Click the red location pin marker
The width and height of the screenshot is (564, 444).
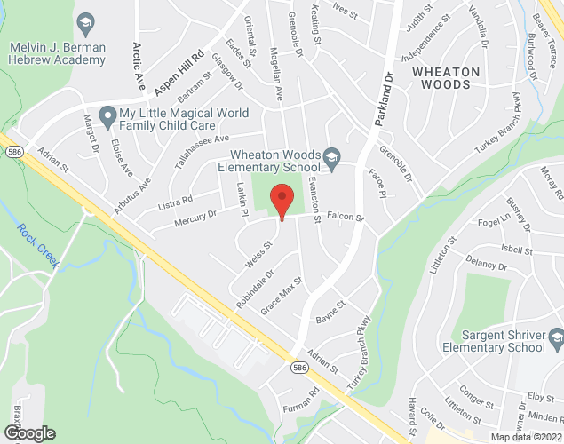(x=282, y=202)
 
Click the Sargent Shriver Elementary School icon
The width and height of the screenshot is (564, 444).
(x=555, y=337)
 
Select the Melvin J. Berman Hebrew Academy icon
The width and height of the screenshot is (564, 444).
(x=86, y=21)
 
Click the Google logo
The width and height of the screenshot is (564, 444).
(x=28, y=433)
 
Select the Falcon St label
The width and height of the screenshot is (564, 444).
(x=346, y=217)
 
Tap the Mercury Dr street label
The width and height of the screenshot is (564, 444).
(x=195, y=217)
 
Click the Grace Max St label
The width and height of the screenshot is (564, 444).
(x=282, y=297)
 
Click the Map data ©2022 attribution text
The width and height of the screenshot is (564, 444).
(x=527, y=436)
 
